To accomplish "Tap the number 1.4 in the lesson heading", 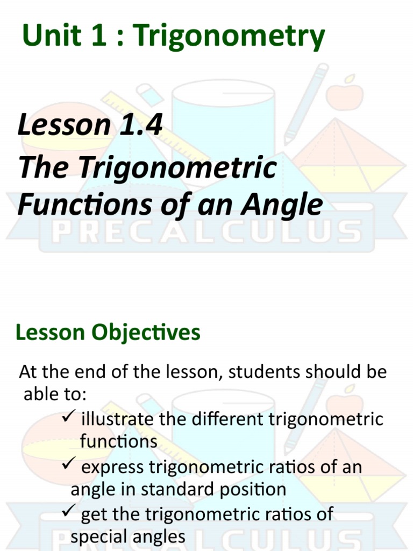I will point(137,125).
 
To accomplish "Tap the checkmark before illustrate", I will point(69,418).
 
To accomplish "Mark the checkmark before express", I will point(69,465).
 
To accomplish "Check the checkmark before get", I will point(69,513).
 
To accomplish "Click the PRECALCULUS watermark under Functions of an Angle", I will point(206,232).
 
